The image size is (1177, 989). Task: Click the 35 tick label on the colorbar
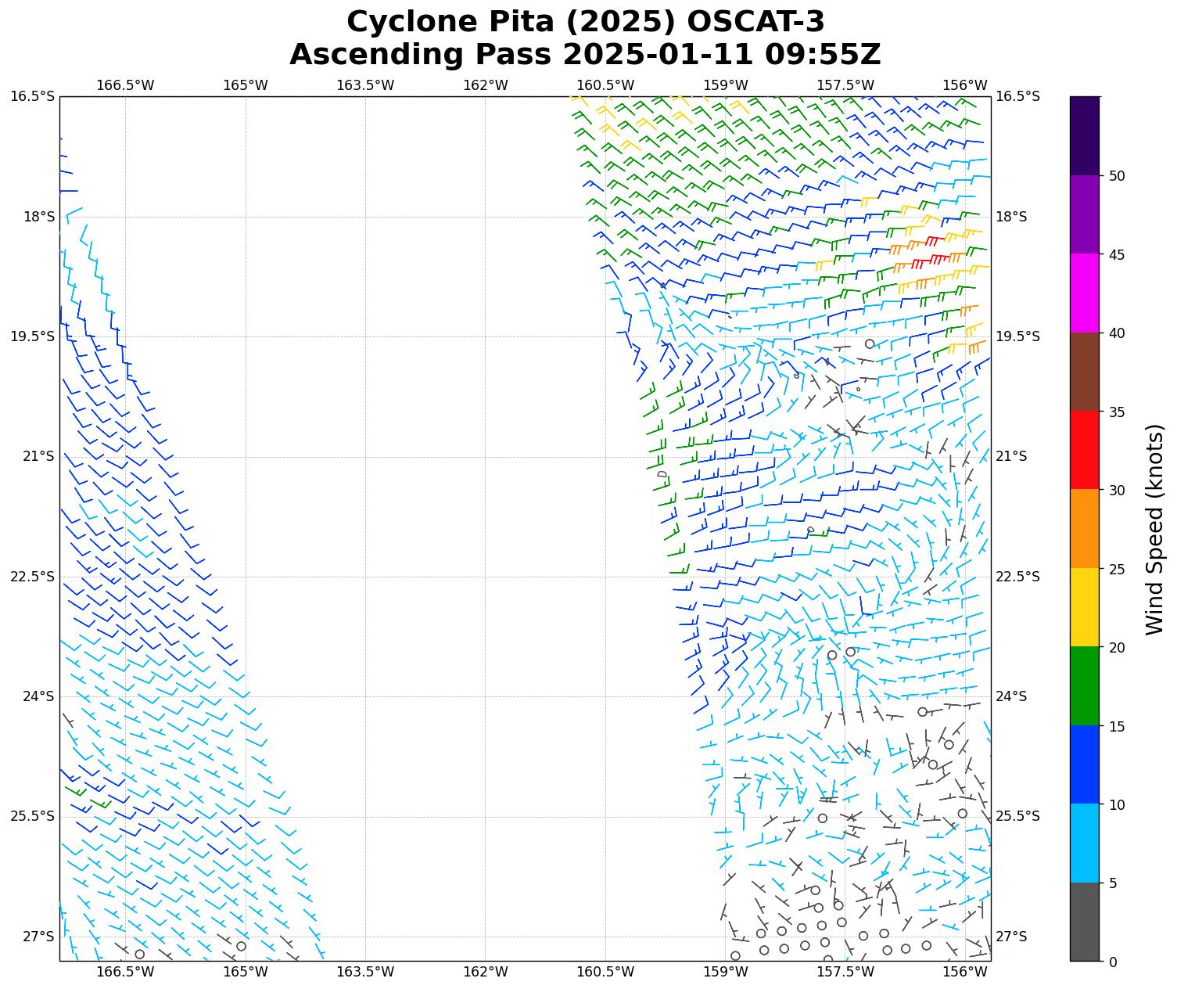pyautogui.click(x=1118, y=412)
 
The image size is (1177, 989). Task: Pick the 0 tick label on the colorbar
pyautogui.click(x=1114, y=962)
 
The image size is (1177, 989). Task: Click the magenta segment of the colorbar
pyautogui.click(x=1084, y=293)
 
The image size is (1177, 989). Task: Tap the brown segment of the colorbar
pyautogui.click(x=1084, y=372)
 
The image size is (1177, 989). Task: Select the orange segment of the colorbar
pyautogui.click(x=1084, y=529)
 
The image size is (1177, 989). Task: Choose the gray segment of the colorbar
pyautogui.click(x=1084, y=922)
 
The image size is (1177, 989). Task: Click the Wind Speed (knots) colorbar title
pyautogui.click(x=1154, y=529)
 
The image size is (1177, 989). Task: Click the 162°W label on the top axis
pyautogui.click(x=486, y=85)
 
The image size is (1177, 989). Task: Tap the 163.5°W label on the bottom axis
pyautogui.click(x=365, y=972)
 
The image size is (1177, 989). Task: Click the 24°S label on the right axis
pyautogui.click(x=1011, y=696)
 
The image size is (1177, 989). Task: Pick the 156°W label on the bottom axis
pyautogui.click(x=964, y=972)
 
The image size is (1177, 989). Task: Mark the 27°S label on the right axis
pyautogui.click(x=1011, y=937)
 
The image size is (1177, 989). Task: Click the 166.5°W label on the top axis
pyautogui.click(x=125, y=85)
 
